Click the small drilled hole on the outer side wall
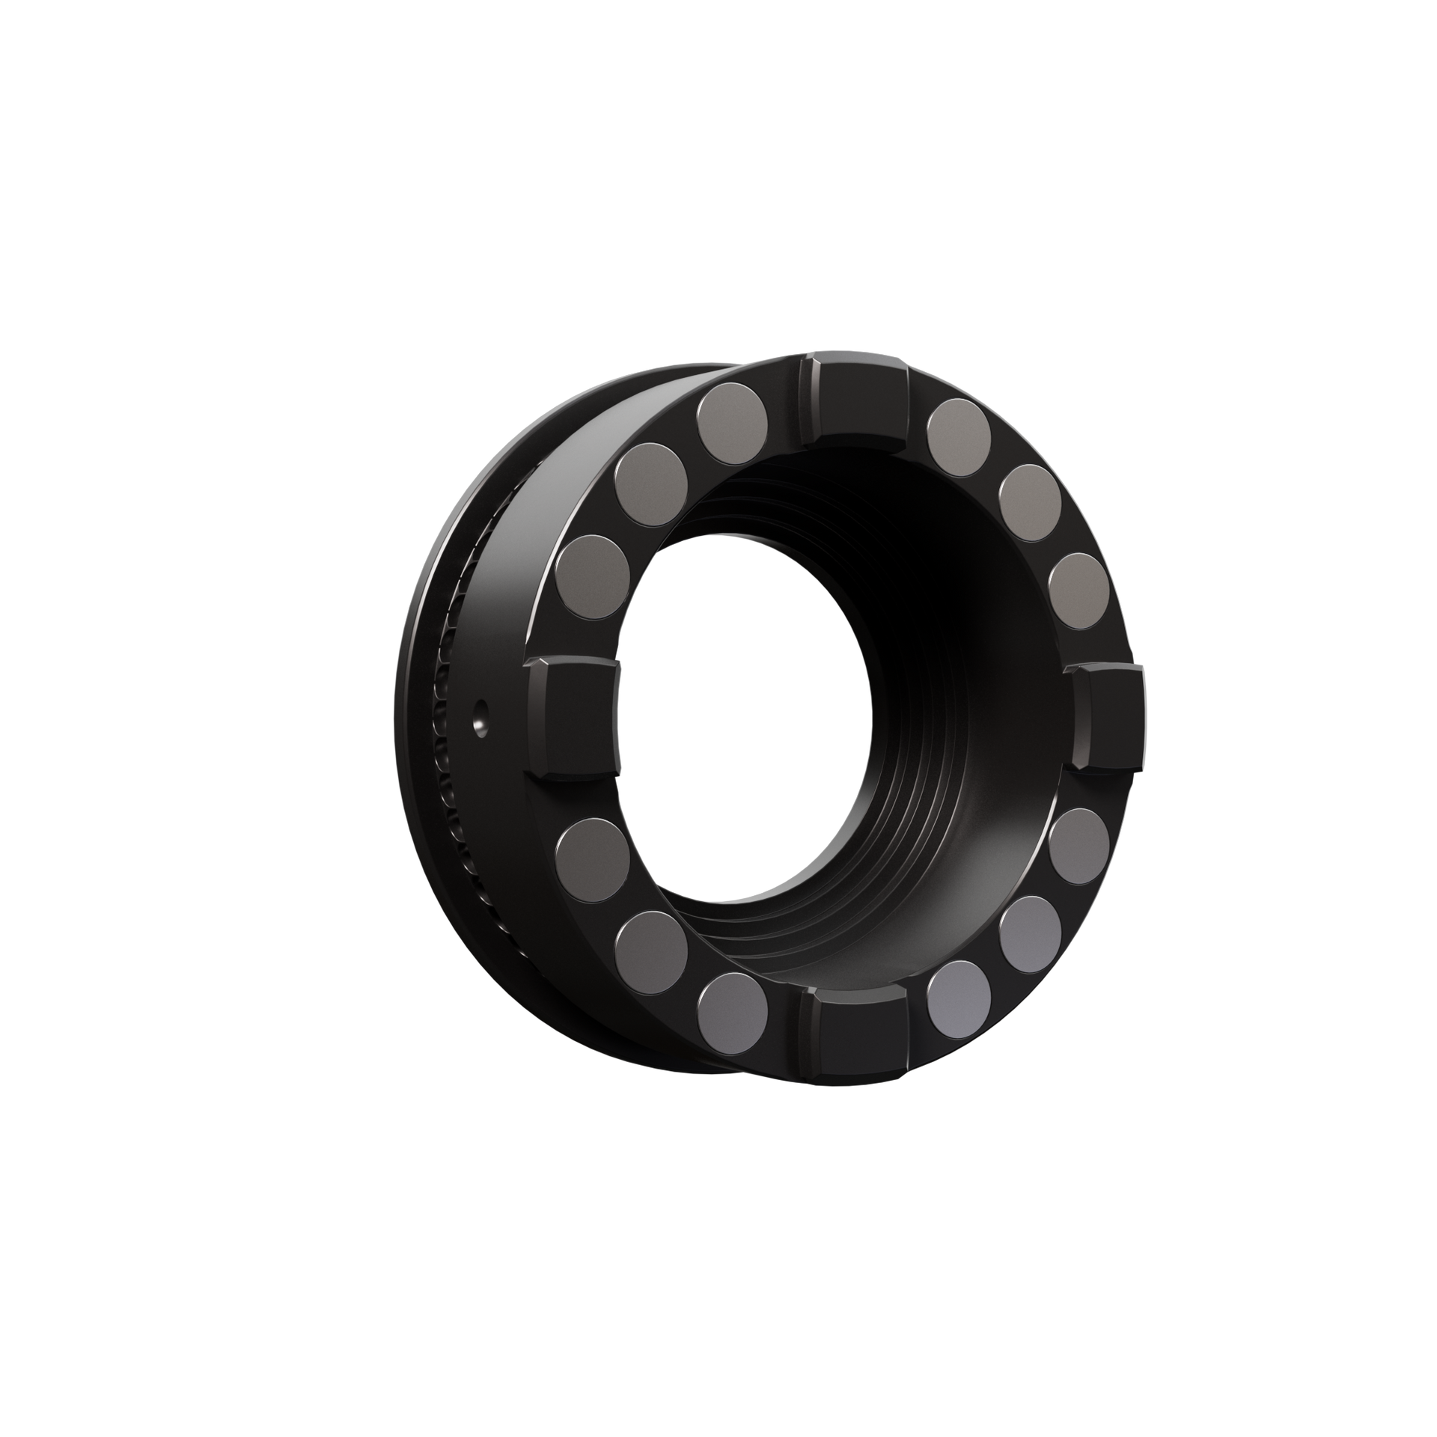[479, 721]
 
